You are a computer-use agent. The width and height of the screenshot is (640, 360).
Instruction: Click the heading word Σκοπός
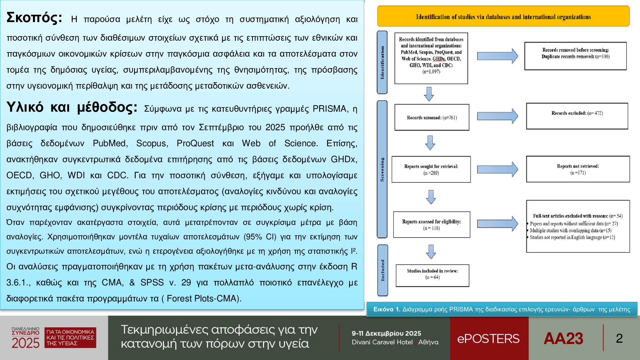[34, 18]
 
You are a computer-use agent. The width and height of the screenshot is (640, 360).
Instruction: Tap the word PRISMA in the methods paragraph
[330, 109]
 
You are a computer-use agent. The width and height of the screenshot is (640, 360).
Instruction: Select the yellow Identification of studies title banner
[503, 17]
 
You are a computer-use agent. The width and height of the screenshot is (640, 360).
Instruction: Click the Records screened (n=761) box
[432, 117]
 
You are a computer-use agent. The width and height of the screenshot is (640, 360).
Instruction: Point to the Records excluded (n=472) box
[577, 116]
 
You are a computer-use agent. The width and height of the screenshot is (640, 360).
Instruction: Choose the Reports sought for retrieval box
[431, 170]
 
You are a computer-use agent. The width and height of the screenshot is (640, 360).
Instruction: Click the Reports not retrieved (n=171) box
[578, 169]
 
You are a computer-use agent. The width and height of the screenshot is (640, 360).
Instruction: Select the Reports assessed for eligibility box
[431, 225]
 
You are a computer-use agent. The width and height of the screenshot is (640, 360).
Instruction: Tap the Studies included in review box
[432, 275]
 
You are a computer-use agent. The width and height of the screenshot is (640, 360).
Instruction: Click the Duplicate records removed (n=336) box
[575, 56]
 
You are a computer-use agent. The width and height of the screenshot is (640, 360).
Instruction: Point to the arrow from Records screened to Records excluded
[497, 116]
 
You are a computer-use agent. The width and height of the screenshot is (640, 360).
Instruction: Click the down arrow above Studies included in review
[431, 252]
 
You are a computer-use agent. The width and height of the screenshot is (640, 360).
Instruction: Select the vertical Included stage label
[383, 270]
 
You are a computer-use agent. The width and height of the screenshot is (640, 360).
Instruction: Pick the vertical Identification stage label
[382, 62]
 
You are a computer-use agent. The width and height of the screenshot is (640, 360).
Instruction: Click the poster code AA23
[563, 339]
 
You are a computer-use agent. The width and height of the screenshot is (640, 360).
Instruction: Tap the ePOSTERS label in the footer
[488, 339]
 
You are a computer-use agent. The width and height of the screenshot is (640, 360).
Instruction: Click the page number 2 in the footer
[619, 339]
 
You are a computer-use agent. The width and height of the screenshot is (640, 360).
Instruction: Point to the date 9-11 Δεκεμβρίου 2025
[386, 333]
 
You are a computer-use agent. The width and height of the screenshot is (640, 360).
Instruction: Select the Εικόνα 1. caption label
[387, 309]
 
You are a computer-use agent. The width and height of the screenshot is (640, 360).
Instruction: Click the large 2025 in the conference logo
[26, 343]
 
